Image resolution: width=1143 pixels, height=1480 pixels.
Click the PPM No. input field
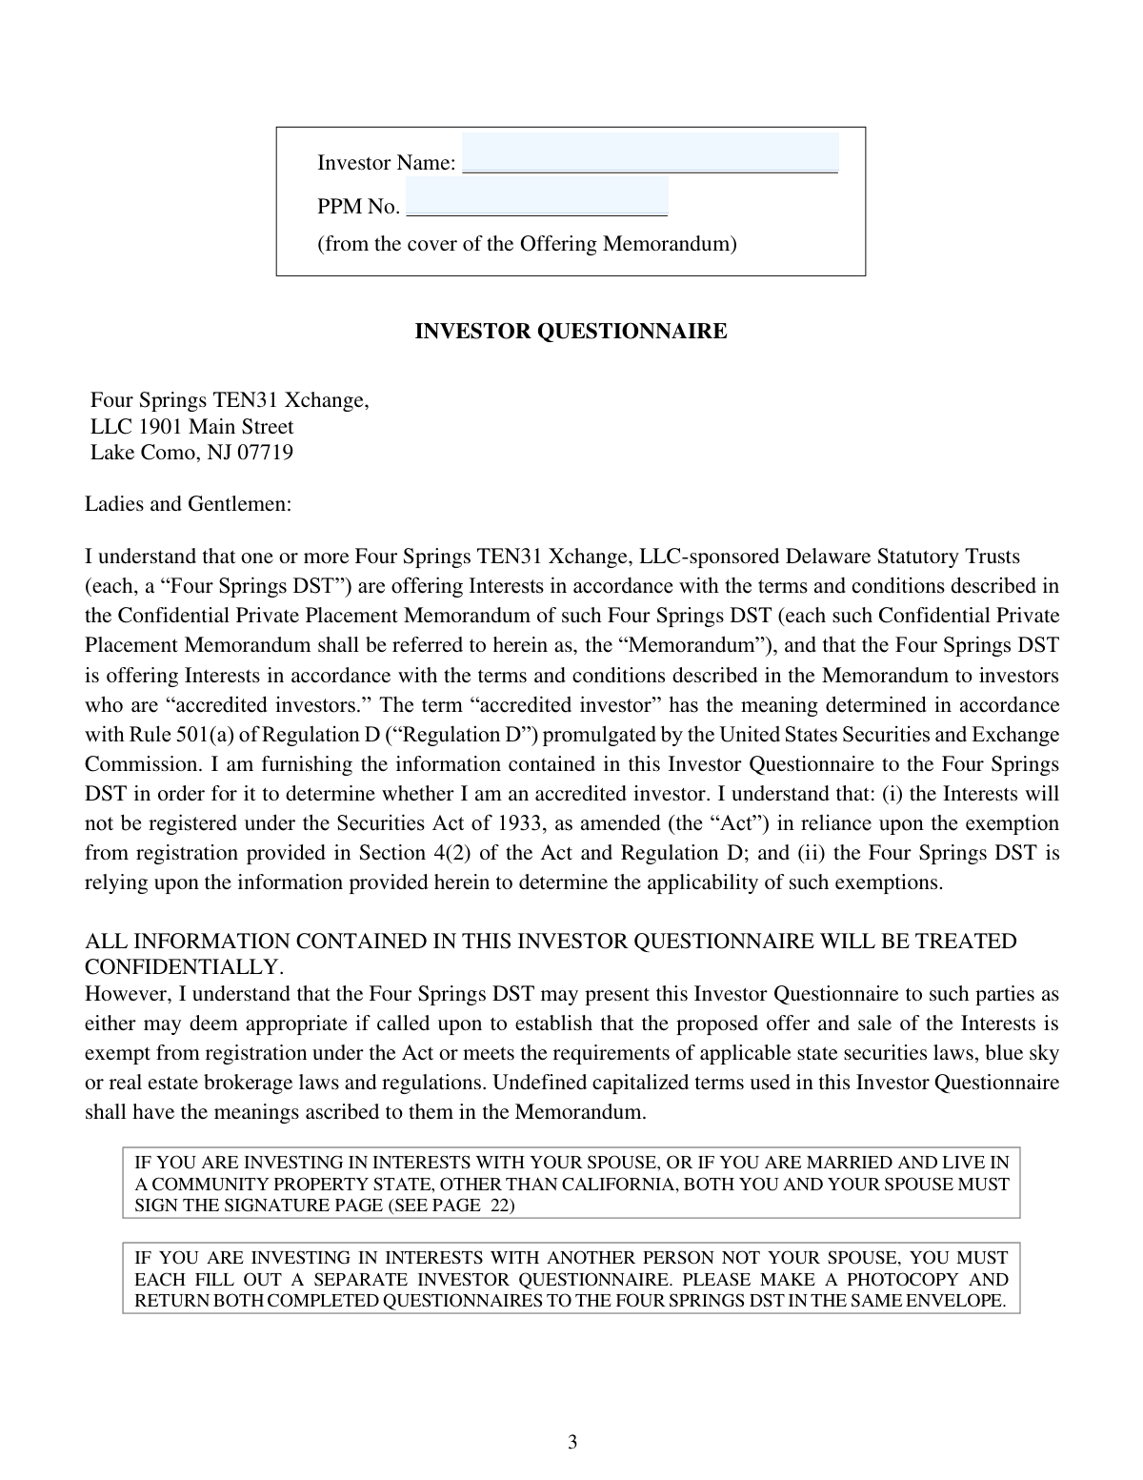[536, 198]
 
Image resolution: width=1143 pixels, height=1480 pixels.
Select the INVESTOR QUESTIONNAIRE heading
[571, 332]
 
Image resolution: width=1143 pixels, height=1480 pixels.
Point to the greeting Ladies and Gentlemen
[188, 504]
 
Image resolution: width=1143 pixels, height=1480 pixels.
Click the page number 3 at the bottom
[572, 1442]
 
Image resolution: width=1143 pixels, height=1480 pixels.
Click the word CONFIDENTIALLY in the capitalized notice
[184, 967]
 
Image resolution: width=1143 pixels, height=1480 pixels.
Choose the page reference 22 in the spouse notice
[502, 1206]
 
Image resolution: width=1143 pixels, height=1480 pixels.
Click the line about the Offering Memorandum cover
[527, 244]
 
